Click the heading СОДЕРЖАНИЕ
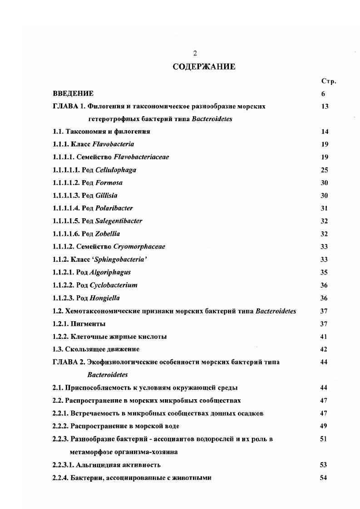click(x=204, y=67)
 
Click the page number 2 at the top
click(x=195, y=53)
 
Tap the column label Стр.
click(x=328, y=81)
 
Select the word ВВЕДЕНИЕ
click(x=73, y=93)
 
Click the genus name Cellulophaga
click(x=116, y=170)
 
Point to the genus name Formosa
click(x=109, y=183)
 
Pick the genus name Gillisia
click(x=106, y=196)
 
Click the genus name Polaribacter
click(x=114, y=208)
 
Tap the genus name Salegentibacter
click(x=118, y=221)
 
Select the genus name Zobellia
click(x=108, y=234)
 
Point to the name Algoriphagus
click(x=110, y=273)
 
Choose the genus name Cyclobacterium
click(x=113, y=285)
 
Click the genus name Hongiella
click(x=105, y=298)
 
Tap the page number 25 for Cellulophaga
click(x=324, y=170)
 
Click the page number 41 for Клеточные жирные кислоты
click(x=324, y=337)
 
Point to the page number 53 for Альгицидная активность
click(x=324, y=465)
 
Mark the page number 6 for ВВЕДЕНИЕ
click(x=323, y=94)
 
